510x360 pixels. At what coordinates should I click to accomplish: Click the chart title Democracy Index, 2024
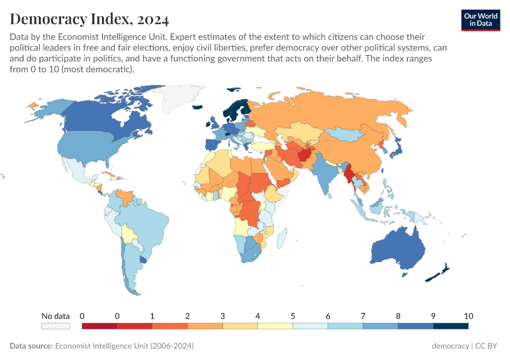click(89, 19)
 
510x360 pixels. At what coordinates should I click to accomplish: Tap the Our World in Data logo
click(480, 20)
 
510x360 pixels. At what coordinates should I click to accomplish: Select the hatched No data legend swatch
click(56, 326)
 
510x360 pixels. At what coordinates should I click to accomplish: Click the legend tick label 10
click(468, 316)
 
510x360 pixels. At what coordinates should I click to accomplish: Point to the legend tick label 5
click(293, 316)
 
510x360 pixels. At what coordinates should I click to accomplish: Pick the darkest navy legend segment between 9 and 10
click(451, 326)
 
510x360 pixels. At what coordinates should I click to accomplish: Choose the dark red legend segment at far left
click(99, 326)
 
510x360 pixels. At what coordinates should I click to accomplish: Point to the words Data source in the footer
click(31, 346)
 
